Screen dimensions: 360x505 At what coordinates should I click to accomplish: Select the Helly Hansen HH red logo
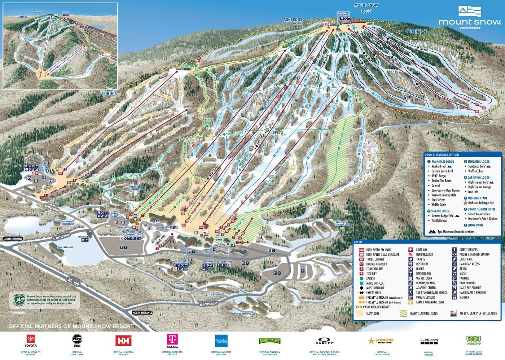coord(123,341)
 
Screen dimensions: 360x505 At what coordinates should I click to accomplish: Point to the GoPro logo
coord(429,341)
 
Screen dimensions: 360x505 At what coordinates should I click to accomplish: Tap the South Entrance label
coord(13,239)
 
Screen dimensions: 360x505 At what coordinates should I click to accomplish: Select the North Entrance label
coord(142,313)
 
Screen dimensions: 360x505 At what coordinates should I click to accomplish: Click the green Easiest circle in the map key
coord(361,278)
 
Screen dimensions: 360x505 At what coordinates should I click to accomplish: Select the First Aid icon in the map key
coord(411,250)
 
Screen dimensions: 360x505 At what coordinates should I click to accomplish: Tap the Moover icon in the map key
coord(454,297)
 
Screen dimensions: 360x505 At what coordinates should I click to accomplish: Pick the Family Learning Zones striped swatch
coord(403,313)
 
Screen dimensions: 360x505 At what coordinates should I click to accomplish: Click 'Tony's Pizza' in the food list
coord(438,200)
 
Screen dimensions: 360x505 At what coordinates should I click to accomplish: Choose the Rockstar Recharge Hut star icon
coord(465,203)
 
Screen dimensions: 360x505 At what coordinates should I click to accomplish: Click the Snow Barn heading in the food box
coord(475,225)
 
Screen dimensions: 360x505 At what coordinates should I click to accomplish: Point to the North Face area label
coord(416,31)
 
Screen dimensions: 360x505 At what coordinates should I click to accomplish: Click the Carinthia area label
coord(108,93)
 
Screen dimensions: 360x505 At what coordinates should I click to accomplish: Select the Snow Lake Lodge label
coord(65,247)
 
